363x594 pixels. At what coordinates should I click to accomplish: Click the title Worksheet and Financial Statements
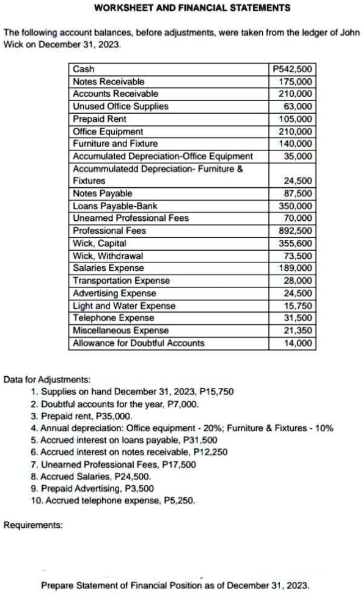coord(184,8)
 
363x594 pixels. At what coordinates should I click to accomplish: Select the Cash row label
coord(83,69)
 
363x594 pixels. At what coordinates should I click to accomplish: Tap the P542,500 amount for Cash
coord(292,69)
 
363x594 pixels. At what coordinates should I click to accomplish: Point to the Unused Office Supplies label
coord(120,106)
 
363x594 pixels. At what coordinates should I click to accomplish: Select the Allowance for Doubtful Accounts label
coord(138,343)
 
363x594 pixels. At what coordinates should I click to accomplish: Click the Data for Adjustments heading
coord(47,379)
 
